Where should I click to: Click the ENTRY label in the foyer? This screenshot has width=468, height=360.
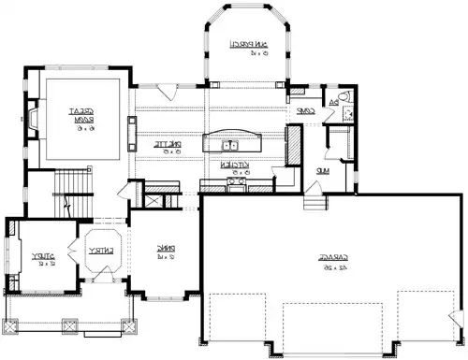(99, 251)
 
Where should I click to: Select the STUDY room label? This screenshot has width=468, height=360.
(39, 253)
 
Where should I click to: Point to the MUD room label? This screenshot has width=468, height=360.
(321, 171)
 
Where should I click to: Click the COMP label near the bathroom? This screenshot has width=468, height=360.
(303, 110)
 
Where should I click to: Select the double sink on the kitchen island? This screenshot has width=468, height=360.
(228, 144)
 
